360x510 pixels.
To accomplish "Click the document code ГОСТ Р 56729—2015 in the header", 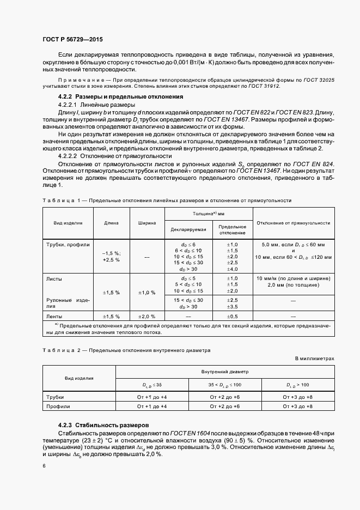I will [72, 40].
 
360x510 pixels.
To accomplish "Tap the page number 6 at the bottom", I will [44, 465].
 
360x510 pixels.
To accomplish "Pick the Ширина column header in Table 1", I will [147, 223].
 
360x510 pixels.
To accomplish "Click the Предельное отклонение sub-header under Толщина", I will [233, 229].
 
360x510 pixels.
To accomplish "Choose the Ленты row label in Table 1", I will [55, 316].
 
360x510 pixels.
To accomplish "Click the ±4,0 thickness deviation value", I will [233, 269].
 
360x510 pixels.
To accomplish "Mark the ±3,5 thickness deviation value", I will [233, 307].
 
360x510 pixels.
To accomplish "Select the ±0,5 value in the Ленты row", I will [233, 316].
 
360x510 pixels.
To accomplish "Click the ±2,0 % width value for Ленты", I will [147, 316].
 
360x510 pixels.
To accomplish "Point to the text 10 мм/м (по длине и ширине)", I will [293, 278].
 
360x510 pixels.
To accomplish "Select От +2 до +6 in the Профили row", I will [225, 406].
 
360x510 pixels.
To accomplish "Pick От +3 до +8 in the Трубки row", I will [297, 397].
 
